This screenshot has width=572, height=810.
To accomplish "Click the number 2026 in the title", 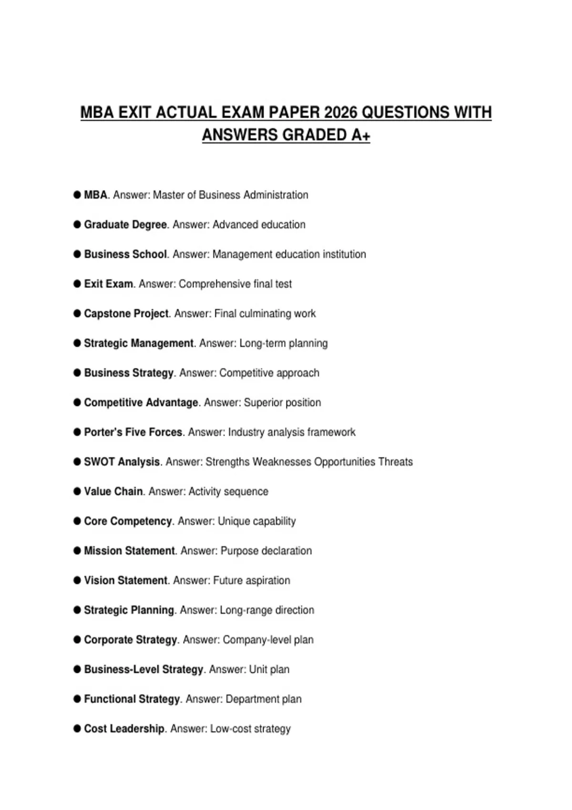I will pyautogui.click(x=340, y=112).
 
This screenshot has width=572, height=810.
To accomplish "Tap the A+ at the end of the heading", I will pyautogui.click(x=361, y=135).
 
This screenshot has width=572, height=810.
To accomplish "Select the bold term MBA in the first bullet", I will pyautogui.click(x=96, y=195).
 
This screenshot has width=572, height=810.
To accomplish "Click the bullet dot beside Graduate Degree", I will pyautogui.click(x=77, y=224).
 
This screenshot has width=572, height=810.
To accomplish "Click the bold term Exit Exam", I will pyautogui.click(x=108, y=284).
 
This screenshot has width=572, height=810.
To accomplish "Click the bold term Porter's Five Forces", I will pyautogui.click(x=133, y=432).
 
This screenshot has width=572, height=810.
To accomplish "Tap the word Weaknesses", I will pyautogui.click(x=281, y=462).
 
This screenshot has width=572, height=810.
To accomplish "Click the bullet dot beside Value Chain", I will pyautogui.click(x=77, y=491).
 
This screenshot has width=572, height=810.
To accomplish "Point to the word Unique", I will pyautogui.click(x=233, y=521).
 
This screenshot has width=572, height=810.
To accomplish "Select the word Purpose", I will pyautogui.click(x=239, y=551).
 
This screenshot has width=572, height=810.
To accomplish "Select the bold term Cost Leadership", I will pyautogui.click(x=124, y=729).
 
